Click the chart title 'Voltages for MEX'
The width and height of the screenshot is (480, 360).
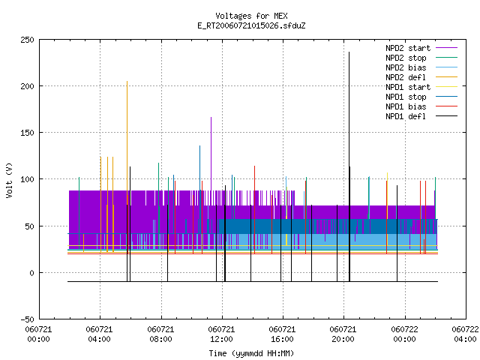pyautogui.click(x=251, y=16)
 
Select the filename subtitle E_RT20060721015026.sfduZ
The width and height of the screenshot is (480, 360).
pyautogui.click(x=251, y=25)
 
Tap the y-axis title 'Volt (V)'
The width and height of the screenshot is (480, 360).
pyautogui.click(x=9, y=181)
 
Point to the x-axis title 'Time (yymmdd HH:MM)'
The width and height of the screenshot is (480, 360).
pyautogui.click(x=251, y=353)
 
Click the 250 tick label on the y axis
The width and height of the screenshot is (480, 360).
pyautogui.click(x=27, y=40)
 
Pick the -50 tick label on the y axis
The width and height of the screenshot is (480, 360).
pyautogui.click(x=27, y=319)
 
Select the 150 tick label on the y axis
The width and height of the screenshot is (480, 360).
pyautogui.click(x=27, y=133)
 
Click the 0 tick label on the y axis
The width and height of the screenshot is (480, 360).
pyautogui.click(x=31, y=273)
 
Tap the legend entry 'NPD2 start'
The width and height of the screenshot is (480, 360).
pyautogui.click(x=421, y=48)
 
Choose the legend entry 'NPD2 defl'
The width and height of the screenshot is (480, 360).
pyautogui.click(x=421, y=77)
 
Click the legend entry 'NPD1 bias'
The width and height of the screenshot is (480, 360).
pyautogui.click(x=421, y=106)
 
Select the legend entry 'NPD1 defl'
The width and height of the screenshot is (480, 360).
pyautogui.click(x=421, y=116)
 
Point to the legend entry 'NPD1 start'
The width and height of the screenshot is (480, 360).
pyautogui.click(x=421, y=87)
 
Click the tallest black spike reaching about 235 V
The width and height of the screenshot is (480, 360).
pyautogui.click(x=349, y=166)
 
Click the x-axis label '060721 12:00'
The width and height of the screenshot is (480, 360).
pyautogui.click(x=221, y=334)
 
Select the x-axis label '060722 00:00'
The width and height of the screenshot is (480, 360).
pyautogui.click(x=404, y=334)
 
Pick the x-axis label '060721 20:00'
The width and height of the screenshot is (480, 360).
pyautogui.click(x=343, y=334)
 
